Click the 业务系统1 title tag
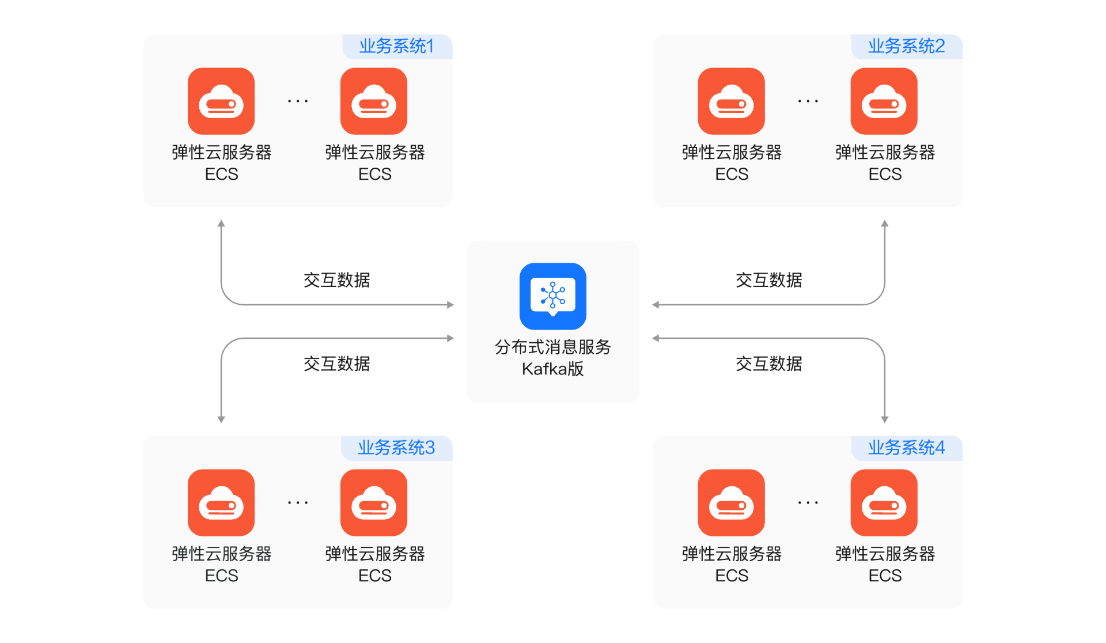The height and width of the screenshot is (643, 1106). point(397,46)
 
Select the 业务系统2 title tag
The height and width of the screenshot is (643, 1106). point(907,46)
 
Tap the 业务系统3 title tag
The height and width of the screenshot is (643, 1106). point(397,448)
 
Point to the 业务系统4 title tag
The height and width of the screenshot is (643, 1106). point(907,448)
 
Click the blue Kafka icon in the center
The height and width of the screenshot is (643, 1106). point(553,296)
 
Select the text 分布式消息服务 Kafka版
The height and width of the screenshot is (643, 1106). point(553,358)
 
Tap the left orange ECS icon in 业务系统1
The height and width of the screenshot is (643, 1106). point(221,101)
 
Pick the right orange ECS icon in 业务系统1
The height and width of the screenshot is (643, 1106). point(374,101)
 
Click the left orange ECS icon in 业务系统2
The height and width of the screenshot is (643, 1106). point(732,101)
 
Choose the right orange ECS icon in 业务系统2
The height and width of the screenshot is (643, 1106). point(884,101)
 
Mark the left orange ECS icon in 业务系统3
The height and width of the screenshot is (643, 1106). point(221,503)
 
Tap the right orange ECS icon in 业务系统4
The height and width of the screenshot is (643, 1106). point(884,503)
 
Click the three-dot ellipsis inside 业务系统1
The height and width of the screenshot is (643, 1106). point(298,101)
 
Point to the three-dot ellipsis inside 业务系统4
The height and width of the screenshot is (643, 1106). point(808,503)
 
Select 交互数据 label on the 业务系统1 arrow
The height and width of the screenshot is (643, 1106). point(337,280)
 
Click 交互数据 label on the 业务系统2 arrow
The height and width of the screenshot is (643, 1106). point(769,280)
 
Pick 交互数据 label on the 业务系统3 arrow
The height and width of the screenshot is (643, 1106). point(337,364)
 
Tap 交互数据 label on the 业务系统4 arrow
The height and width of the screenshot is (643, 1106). point(769,364)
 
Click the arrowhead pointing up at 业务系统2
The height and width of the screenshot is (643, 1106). point(885,223)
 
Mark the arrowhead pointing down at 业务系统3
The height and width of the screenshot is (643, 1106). point(221,420)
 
